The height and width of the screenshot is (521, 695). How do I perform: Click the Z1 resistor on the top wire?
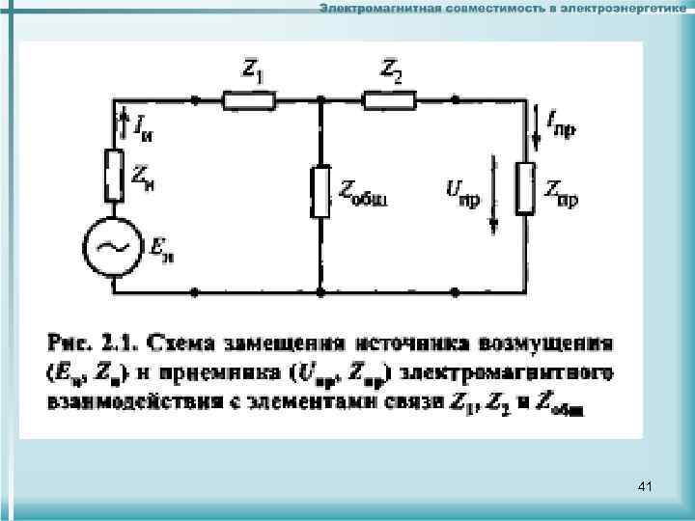(249, 98)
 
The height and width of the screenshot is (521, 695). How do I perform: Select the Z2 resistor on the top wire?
(389, 98)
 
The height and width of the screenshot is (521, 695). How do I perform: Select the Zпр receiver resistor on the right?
(526, 187)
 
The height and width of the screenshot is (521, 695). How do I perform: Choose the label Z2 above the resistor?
(392, 69)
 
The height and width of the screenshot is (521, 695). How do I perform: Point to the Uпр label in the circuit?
(461, 190)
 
